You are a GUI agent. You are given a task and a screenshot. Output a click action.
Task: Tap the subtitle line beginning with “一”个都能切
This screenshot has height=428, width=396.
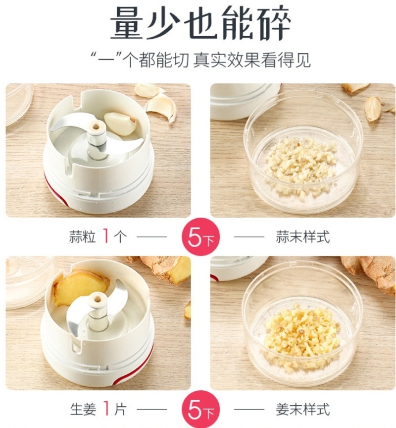200,60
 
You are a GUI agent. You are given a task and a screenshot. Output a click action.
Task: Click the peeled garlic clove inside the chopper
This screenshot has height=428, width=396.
120,123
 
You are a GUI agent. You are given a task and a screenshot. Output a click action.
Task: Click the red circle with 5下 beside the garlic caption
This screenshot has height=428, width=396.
201,237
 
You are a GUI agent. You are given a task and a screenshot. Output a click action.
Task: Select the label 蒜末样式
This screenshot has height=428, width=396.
302,237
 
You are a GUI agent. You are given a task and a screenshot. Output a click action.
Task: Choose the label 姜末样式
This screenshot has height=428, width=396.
302,409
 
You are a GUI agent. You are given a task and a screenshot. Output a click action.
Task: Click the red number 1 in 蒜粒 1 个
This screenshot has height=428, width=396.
106,237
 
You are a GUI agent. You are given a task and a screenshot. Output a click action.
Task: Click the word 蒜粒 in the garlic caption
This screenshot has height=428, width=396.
83,237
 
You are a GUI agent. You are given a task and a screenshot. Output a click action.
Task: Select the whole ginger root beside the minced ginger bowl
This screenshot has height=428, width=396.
368,273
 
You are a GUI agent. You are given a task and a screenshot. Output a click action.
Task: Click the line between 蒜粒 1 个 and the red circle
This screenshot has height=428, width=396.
151,237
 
